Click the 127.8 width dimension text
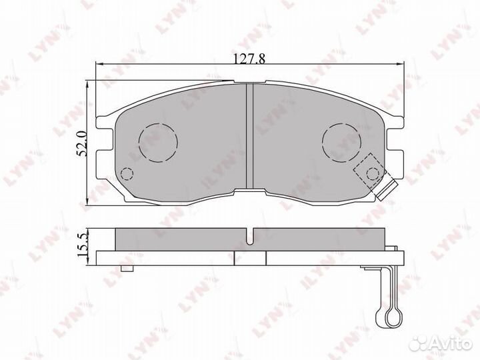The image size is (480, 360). click(248, 58)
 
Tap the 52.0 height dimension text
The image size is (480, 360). click(82, 143)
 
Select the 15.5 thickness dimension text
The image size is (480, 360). click(82, 245)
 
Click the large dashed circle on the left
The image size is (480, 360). click(158, 142)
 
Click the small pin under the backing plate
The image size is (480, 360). click(125, 269)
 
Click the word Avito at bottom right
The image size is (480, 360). click(453, 341)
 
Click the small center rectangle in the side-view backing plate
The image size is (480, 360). click(250, 258)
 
